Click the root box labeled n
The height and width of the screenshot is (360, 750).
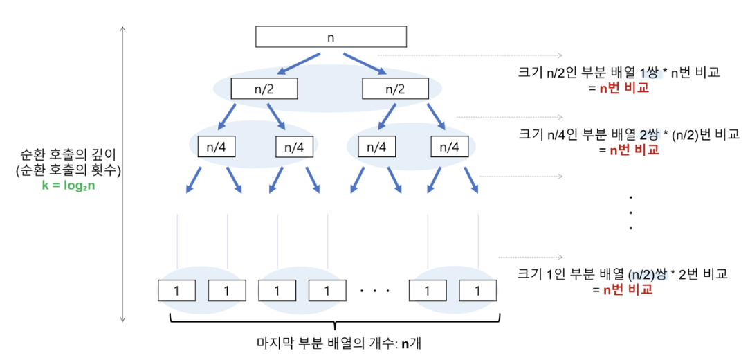click(331, 37)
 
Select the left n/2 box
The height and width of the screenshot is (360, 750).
click(264, 89)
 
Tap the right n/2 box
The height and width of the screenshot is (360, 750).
click(395, 89)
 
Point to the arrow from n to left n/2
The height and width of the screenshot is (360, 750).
click(298, 64)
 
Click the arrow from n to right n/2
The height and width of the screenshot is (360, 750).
click(364, 64)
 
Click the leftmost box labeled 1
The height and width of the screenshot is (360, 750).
click(176, 290)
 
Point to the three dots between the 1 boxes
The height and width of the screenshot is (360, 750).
click(376, 291)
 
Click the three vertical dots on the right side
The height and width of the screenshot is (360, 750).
click(631, 212)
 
